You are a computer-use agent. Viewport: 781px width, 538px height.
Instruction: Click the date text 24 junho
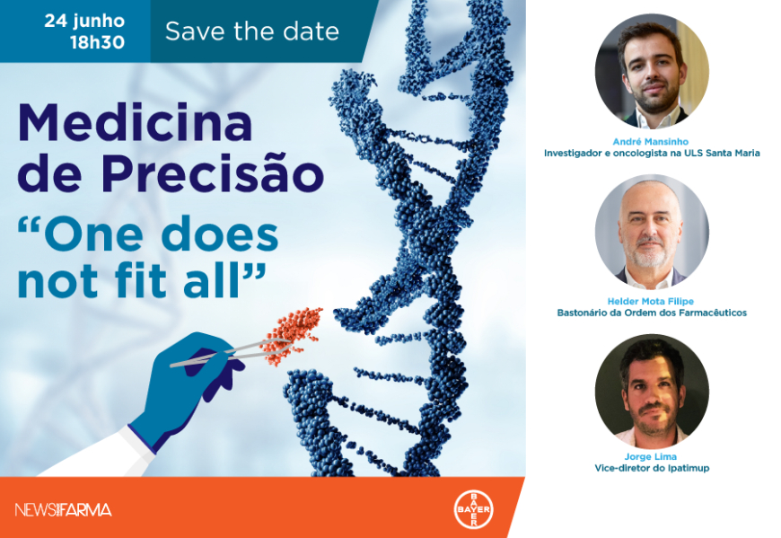coord(84,21)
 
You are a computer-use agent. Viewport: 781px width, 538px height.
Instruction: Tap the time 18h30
coord(97,42)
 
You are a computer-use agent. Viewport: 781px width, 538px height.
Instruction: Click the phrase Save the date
coord(252,31)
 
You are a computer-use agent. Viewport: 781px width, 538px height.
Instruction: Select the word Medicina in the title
coord(135,122)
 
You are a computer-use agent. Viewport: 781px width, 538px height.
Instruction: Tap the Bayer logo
coord(473,509)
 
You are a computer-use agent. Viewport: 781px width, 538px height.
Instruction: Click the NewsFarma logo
coord(63,509)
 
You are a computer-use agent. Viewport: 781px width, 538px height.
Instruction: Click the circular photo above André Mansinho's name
coord(652,71)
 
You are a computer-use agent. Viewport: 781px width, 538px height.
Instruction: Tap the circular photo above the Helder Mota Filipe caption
coord(652,232)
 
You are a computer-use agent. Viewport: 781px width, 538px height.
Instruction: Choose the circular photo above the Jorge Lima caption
coord(652,391)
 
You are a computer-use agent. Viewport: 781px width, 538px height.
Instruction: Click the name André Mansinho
coord(651,142)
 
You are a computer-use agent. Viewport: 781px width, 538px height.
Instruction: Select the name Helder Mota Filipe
coord(651,302)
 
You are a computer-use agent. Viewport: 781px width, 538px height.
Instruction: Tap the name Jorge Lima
coord(651,457)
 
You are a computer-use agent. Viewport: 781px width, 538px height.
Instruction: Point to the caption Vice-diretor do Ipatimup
coord(652,468)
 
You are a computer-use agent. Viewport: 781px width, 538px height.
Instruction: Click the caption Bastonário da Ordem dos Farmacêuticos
coord(652,313)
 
